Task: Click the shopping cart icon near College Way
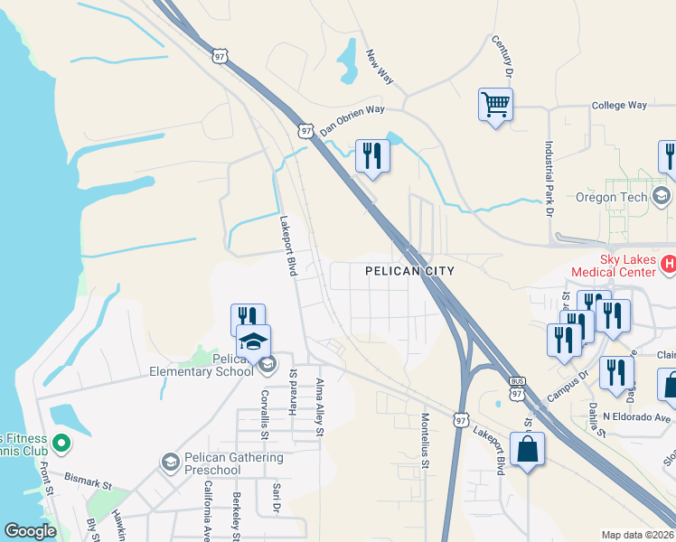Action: (x=495, y=105)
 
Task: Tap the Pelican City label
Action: (x=408, y=271)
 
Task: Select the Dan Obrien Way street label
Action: (x=352, y=119)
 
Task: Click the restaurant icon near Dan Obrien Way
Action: (x=372, y=156)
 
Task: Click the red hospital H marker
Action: (x=668, y=265)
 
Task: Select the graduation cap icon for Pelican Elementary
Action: (x=253, y=341)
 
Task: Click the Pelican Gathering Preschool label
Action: (x=232, y=463)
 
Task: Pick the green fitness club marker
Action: (x=61, y=444)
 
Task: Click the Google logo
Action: (x=30, y=531)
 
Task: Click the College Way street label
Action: (x=619, y=106)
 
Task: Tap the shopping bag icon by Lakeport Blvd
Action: (x=527, y=448)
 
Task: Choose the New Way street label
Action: (x=380, y=67)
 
